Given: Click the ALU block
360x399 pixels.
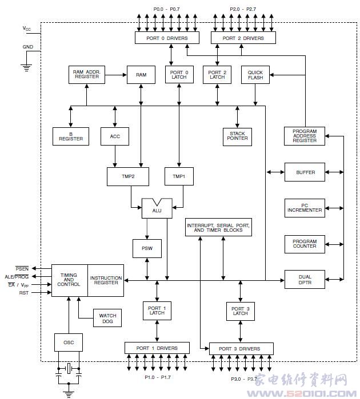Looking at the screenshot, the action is click(157, 208).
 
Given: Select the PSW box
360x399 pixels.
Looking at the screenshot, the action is click(147, 248).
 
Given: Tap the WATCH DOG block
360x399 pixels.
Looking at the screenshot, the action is click(107, 318).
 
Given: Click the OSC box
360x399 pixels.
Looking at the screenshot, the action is click(69, 342).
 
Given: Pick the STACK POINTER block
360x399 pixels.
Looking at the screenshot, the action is click(237, 136).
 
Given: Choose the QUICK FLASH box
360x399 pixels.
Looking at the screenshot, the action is click(255, 75).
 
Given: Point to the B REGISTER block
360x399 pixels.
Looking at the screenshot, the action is click(71, 136).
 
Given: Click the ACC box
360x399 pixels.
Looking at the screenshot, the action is click(115, 136).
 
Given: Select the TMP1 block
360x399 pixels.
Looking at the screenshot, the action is click(179, 176).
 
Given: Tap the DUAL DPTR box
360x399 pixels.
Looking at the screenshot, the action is click(305, 279).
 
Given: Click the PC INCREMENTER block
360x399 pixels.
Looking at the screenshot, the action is click(305, 208).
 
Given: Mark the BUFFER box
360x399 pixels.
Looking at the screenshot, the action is click(305, 172).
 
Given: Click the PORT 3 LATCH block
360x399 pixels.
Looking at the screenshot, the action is click(241, 311).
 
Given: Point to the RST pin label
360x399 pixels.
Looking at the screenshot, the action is click(23, 293).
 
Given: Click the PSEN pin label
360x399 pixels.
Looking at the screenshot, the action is click(22, 269).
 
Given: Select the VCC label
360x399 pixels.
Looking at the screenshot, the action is click(26, 29).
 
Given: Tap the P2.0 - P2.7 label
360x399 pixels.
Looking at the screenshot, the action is click(243, 9).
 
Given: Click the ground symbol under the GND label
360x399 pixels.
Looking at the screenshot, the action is click(26, 68).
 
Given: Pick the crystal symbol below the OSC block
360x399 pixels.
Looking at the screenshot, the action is click(69, 369).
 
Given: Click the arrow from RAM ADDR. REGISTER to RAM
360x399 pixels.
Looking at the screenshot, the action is click(116, 75).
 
